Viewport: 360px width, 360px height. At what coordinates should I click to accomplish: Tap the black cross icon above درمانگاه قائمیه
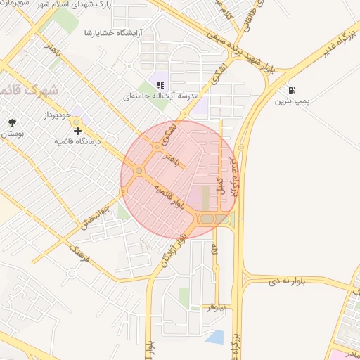(x=77, y=131)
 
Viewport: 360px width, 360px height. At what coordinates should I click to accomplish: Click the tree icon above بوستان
(x=12, y=122)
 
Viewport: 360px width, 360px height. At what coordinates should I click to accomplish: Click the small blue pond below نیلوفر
(x=214, y=337)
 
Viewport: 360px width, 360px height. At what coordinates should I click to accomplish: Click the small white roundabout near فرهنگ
(x=70, y=271)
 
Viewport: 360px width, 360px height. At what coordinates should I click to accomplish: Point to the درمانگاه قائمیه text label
(x=79, y=141)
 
